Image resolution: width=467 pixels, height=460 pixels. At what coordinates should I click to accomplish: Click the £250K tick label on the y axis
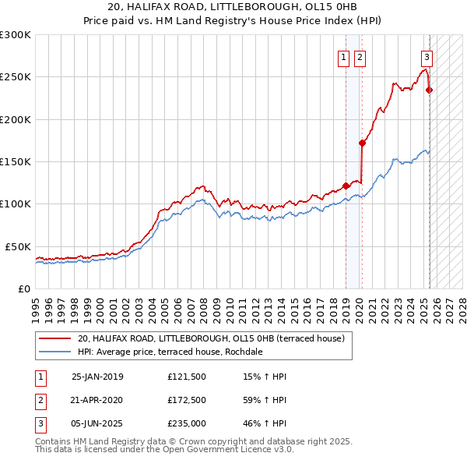tap(16, 77)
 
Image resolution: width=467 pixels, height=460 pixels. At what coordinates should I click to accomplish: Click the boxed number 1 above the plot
tap(343, 56)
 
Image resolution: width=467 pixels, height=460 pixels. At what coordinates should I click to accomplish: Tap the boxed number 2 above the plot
tap(360, 56)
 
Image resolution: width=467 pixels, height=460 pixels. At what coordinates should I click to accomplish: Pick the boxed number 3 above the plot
tap(427, 56)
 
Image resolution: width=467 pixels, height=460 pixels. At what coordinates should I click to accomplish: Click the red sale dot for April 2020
tap(362, 143)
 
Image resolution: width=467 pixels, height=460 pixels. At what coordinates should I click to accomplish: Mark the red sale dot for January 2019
tap(346, 186)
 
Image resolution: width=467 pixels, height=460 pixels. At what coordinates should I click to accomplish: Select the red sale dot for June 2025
tap(429, 90)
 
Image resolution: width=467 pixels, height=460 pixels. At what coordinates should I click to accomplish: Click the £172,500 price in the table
tap(186, 401)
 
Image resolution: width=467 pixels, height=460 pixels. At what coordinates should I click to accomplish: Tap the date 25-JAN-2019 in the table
tap(97, 377)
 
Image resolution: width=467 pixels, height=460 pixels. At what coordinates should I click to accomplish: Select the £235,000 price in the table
tap(186, 425)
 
